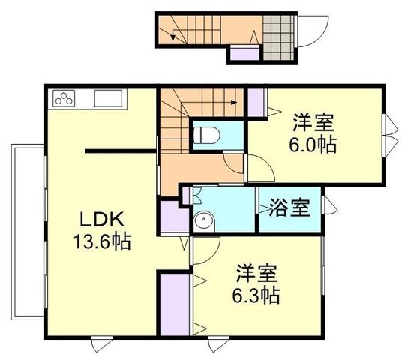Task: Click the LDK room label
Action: [x=102, y=220]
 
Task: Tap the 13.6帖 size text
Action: [x=102, y=241]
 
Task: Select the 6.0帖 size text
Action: [x=313, y=145]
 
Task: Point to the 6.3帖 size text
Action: [x=256, y=295]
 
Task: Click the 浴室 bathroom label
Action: [x=289, y=208]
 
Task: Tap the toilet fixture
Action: [x=207, y=135]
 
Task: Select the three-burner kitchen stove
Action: [x=64, y=98]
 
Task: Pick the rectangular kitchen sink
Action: [x=108, y=98]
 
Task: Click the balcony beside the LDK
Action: [x=28, y=232]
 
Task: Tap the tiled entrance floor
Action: [x=278, y=37]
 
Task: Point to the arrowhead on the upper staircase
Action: [x=173, y=38]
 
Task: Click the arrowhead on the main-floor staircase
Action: [x=234, y=103]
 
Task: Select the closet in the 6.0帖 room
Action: [x=256, y=103]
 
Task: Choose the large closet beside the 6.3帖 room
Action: [x=175, y=304]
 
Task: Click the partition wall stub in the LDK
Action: [x=121, y=151]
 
